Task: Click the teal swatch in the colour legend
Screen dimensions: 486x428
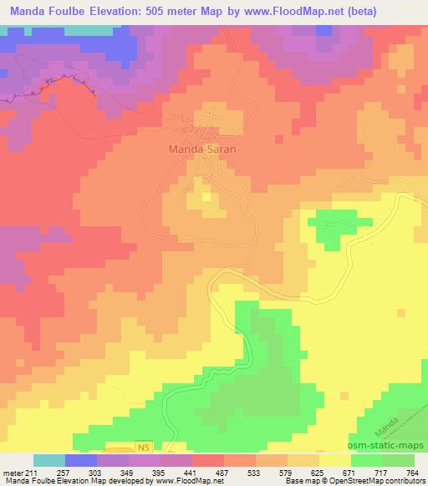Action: pos(49,460)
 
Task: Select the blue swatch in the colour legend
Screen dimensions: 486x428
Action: pos(81,460)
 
